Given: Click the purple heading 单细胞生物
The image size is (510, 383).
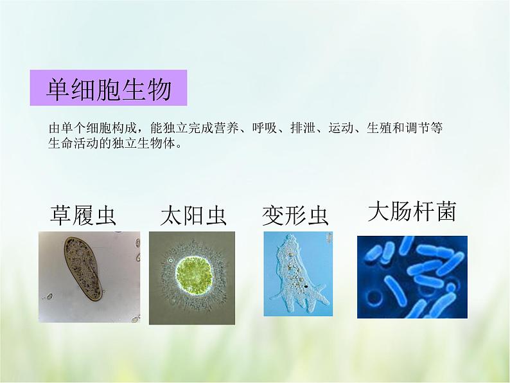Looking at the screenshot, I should [x=109, y=89].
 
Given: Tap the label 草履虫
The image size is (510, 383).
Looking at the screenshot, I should [x=84, y=216].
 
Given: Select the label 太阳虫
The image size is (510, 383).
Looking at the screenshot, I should [x=193, y=216].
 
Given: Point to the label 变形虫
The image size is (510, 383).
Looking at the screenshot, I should [x=295, y=216].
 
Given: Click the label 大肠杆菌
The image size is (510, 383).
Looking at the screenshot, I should [x=412, y=211].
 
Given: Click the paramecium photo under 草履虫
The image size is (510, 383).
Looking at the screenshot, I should [x=89, y=276].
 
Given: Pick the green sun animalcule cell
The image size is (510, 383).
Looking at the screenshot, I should [x=191, y=274].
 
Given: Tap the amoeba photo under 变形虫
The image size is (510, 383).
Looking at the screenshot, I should [x=299, y=274].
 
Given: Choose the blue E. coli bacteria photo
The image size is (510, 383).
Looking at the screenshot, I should [x=412, y=277].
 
